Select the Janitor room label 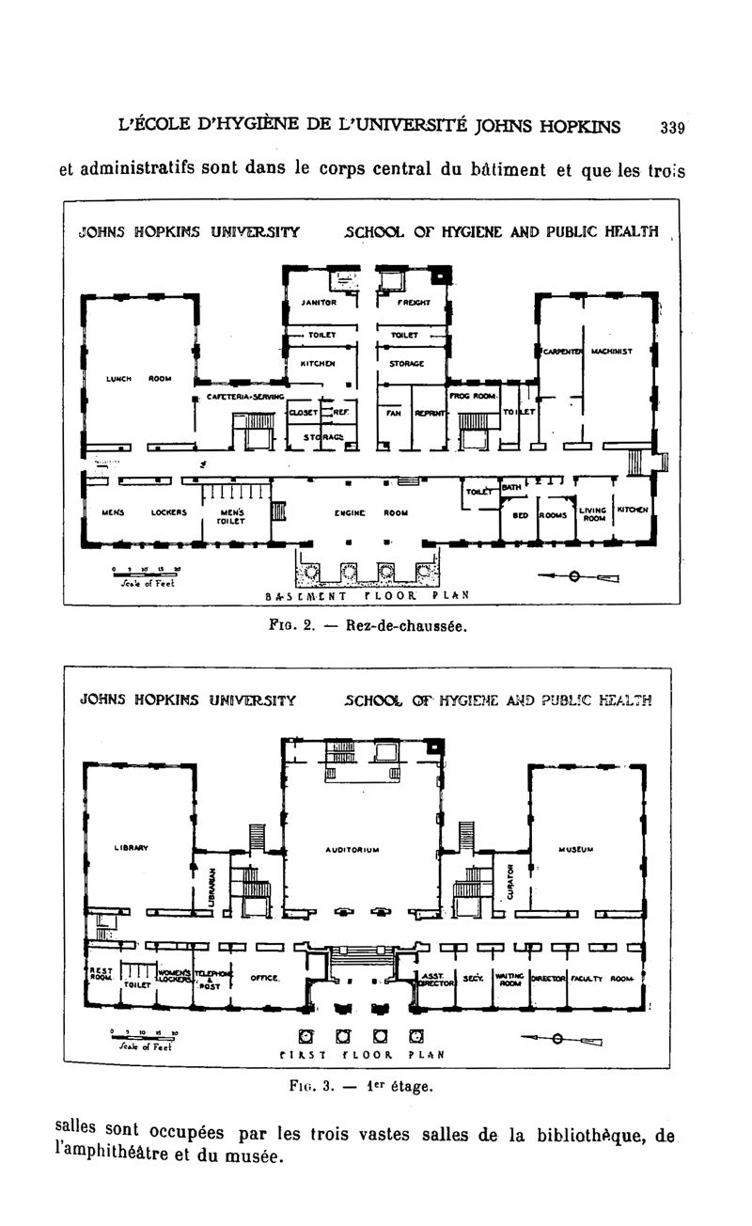pos(319,303)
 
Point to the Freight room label pos(414,303)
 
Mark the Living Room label pos(592,514)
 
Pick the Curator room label pos(511,881)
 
